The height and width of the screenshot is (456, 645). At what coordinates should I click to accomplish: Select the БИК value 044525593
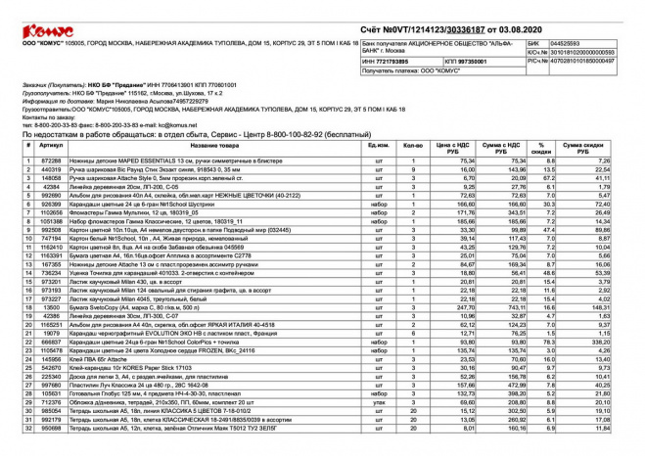point(570,44)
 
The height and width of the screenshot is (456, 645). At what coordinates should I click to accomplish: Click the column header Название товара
point(207,146)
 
